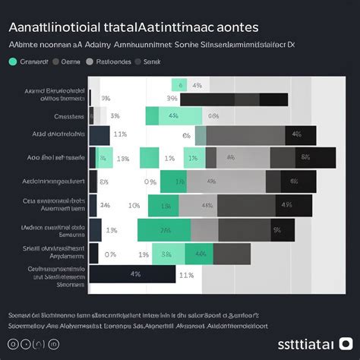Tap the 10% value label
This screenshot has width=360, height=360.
tap(134, 205)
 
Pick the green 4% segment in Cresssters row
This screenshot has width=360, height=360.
tap(173, 116)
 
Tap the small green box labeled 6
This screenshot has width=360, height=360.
tap(179, 85)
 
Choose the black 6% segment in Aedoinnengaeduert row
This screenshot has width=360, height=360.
tap(293, 182)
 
